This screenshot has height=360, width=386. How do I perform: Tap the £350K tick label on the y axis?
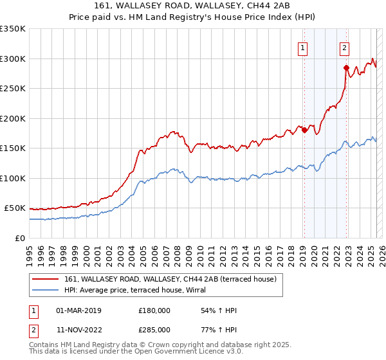13,29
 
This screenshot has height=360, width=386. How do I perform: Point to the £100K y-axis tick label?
13,178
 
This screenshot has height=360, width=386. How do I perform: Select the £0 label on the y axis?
19,238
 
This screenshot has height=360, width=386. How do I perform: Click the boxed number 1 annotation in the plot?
302,47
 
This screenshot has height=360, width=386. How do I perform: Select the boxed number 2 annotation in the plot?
345,47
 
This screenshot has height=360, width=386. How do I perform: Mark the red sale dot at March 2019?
304,130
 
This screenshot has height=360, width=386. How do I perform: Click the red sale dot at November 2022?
346,67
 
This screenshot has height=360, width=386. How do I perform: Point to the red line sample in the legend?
46,279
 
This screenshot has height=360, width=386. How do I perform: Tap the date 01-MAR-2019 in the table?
78,310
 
